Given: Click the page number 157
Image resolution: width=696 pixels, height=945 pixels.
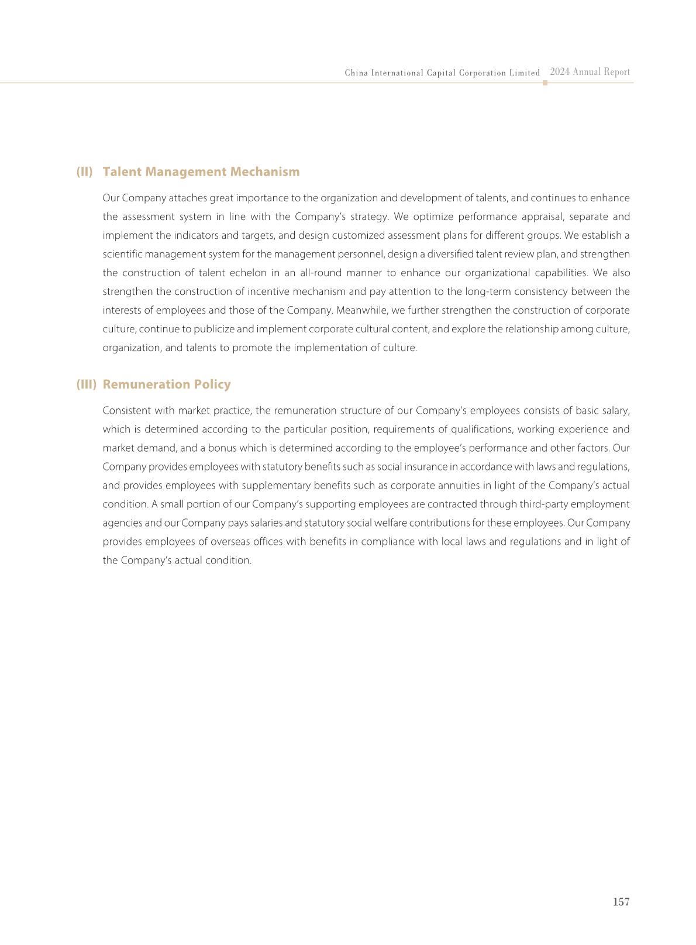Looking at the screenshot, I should coord(621,902).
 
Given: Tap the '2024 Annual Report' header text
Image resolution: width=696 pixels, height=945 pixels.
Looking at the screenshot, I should coord(590,72).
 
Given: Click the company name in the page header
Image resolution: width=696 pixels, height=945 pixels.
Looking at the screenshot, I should coord(442,73).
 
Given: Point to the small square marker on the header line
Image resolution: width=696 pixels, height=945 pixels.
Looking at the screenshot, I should coord(545,83).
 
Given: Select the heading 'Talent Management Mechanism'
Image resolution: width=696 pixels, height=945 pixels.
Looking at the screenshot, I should coord(201,171).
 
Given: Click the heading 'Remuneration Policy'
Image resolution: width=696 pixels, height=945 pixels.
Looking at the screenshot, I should coord(166,384).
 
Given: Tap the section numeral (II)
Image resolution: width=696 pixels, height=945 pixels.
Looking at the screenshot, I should coord(85,171).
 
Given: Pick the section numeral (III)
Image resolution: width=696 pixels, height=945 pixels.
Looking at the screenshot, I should coord(86,384).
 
